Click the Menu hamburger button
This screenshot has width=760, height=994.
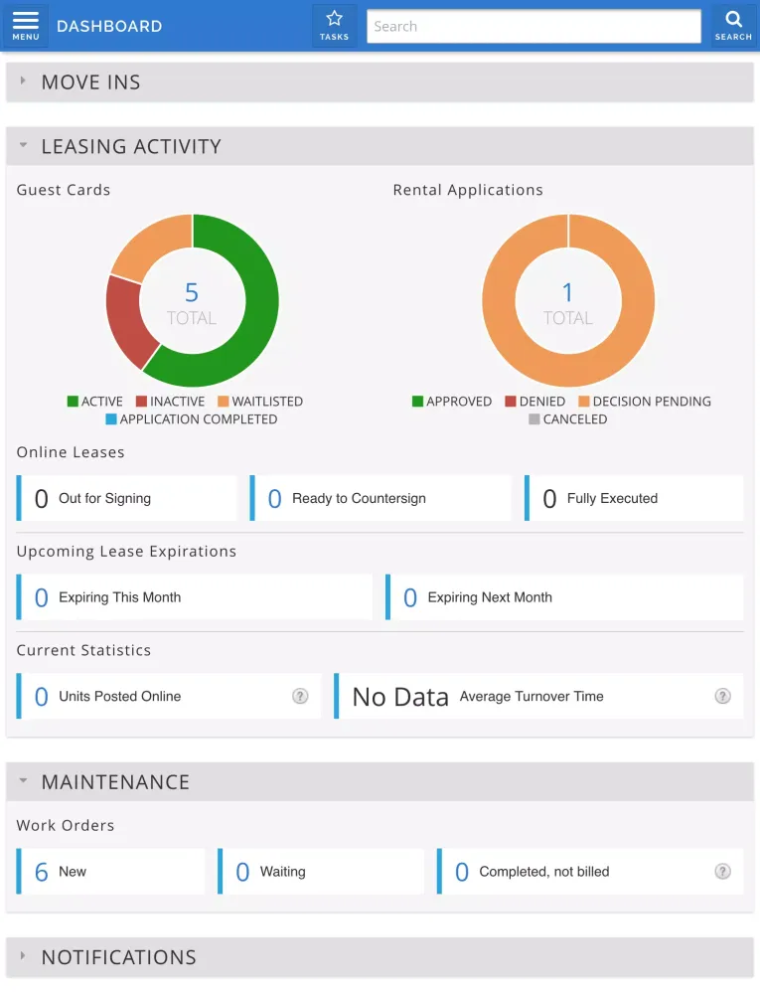click(x=26, y=26)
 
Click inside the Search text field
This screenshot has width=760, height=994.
click(x=533, y=27)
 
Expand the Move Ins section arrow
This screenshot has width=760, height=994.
click(x=23, y=82)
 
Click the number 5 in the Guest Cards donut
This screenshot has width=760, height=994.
click(x=192, y=292)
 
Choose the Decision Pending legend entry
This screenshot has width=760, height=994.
click(x=645, y=402)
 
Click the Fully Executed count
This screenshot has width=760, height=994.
click(x=549, y=499)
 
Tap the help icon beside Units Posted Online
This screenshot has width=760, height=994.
click(x=300, y=697)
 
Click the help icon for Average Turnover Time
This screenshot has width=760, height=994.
click(x=722, y=697)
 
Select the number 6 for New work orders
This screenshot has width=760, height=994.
click(x=42, y=872)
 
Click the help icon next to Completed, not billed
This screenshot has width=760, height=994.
click(x=722, y=872)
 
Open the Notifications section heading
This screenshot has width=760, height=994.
click(x=119, y=957)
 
